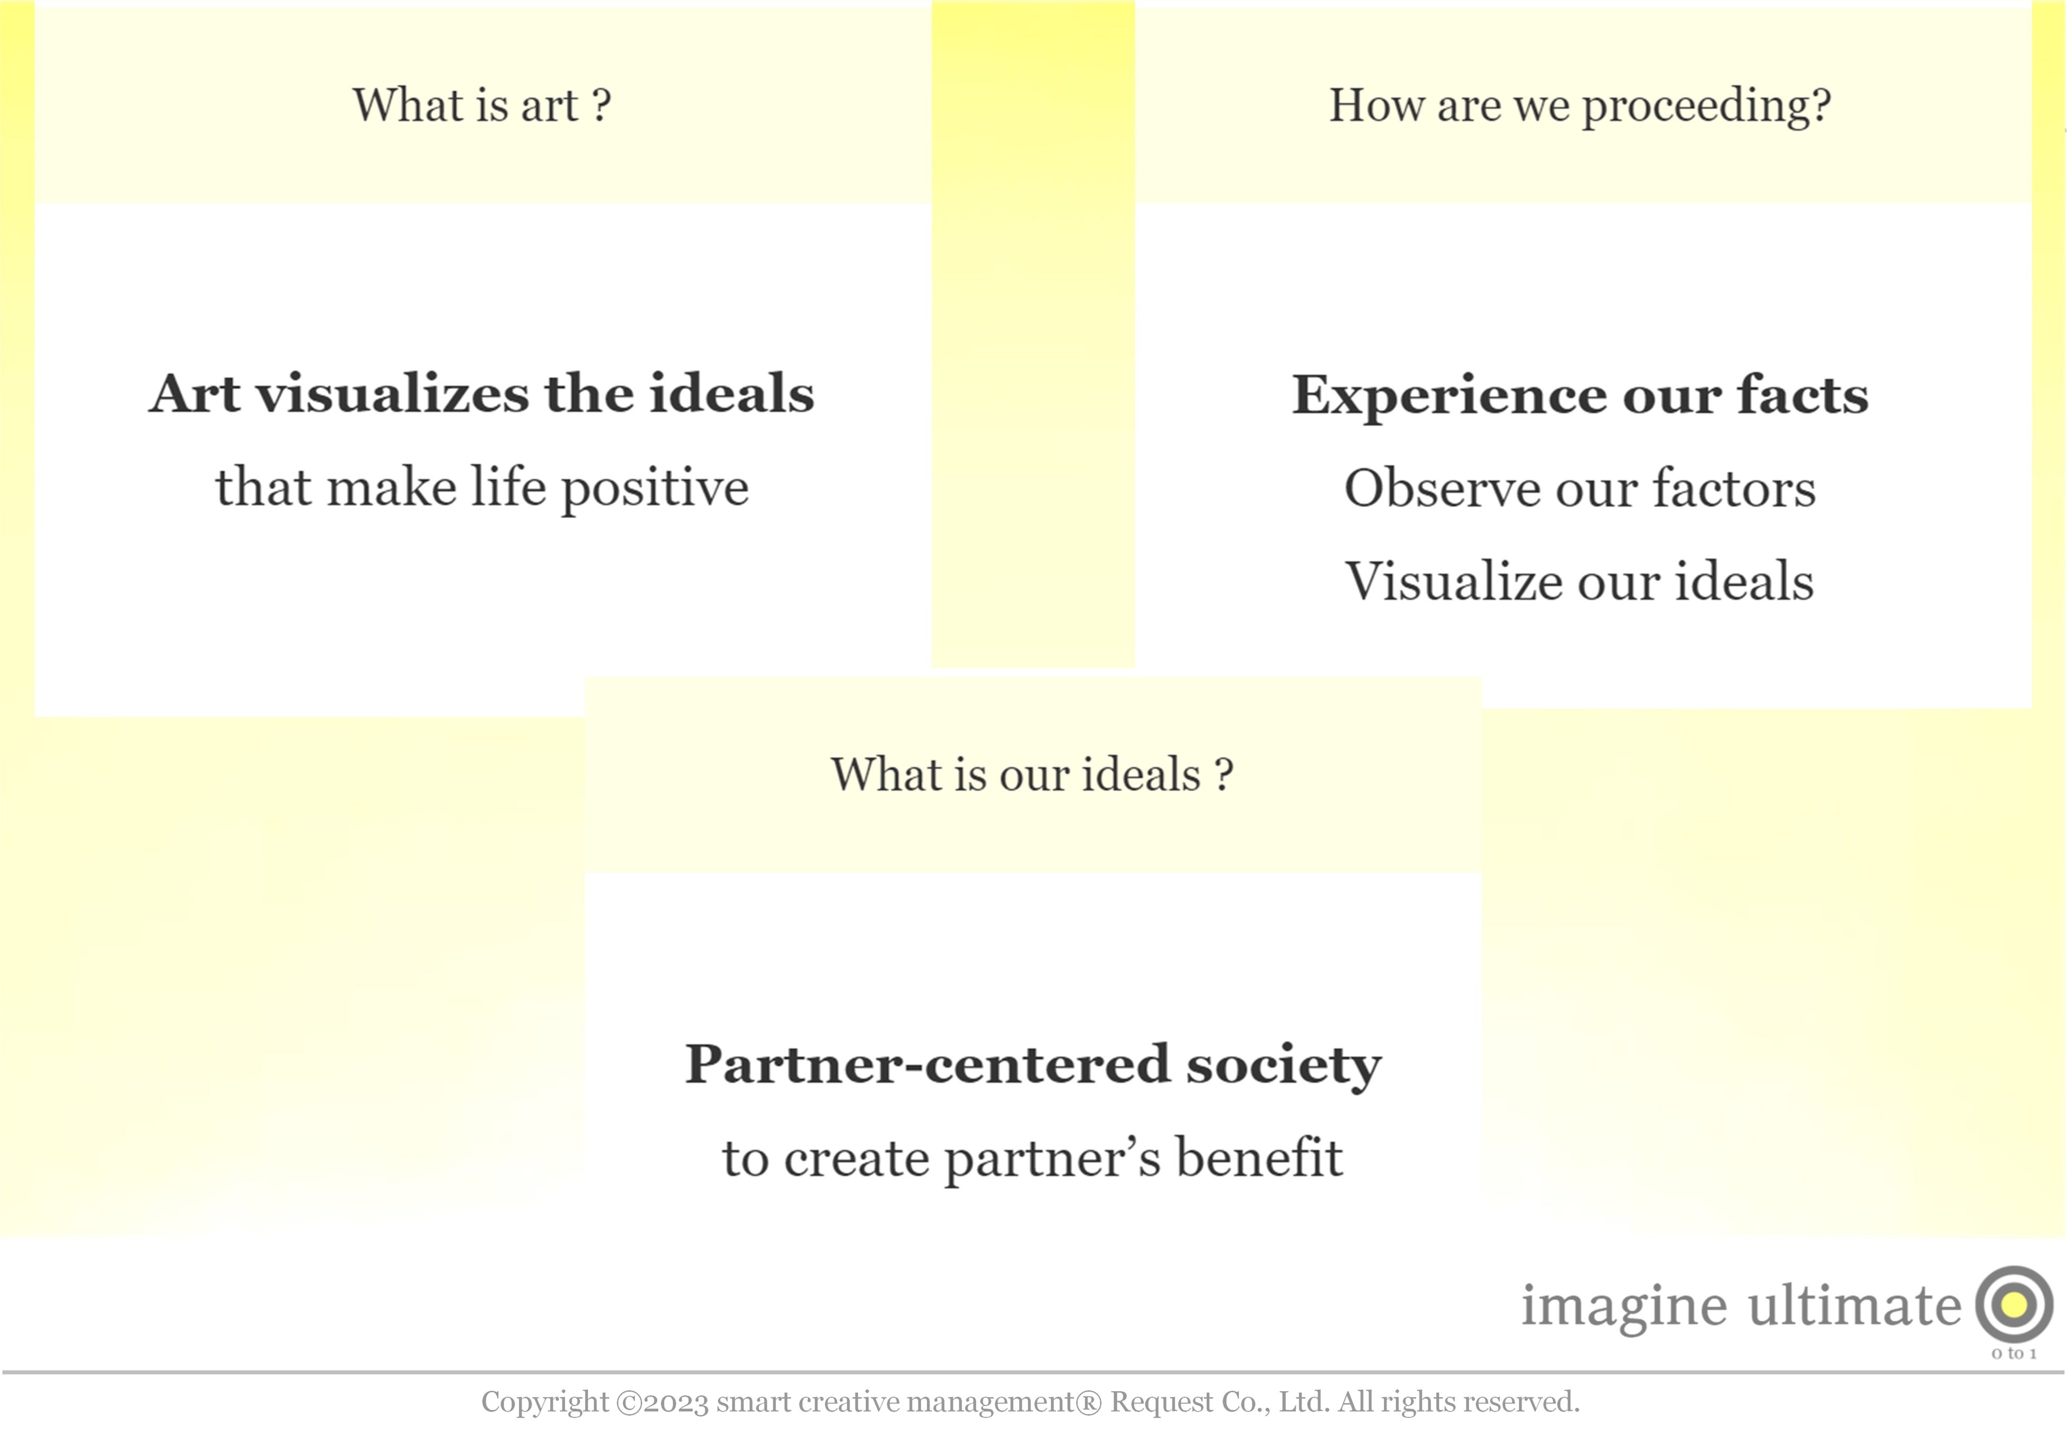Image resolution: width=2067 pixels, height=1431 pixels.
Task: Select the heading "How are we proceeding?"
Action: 1579,106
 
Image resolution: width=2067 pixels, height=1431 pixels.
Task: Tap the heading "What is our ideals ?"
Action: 1032,775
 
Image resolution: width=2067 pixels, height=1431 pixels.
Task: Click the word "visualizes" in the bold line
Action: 392,394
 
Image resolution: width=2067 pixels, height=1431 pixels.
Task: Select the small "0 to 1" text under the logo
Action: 2013,1354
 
